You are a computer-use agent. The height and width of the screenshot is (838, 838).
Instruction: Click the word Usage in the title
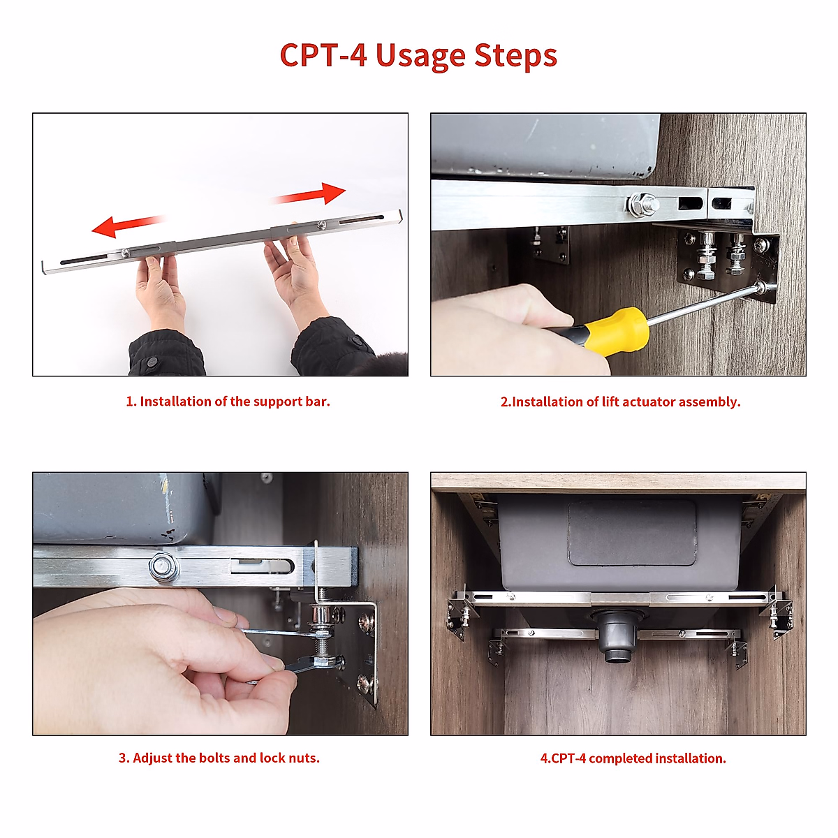pos(420,56)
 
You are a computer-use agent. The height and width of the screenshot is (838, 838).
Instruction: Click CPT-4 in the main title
pos(323,56)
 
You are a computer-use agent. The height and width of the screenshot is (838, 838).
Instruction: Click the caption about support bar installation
pos(228,402)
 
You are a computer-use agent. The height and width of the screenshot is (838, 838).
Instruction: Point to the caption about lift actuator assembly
pos(620,402)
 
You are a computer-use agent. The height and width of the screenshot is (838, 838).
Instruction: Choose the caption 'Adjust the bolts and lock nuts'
pos(219,758)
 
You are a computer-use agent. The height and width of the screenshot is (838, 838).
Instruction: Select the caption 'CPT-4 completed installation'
pos(633,758)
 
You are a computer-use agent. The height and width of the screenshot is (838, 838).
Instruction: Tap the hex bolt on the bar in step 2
pos(641,205)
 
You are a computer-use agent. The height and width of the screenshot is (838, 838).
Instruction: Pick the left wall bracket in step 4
pos(462,615)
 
